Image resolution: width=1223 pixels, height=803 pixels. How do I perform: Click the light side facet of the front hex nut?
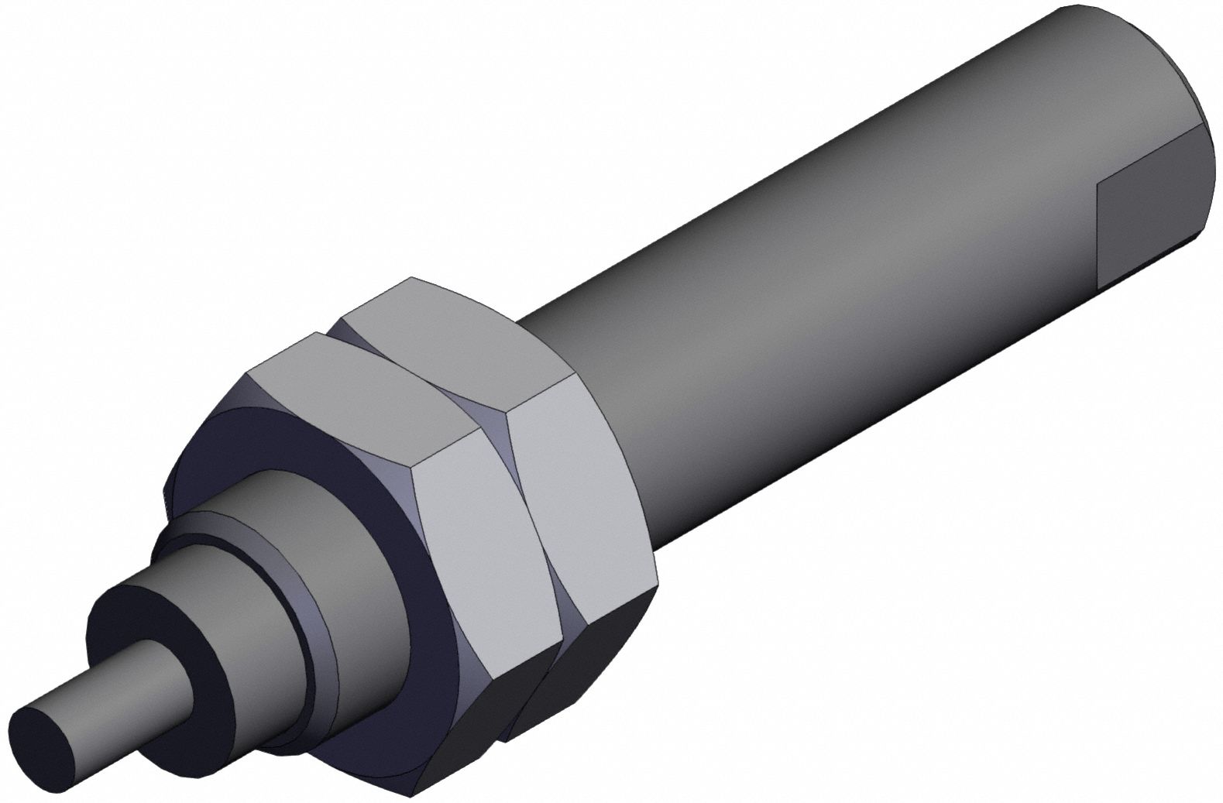pos(488,542)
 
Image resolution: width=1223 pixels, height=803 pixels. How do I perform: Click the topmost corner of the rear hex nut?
pos(414,276)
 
